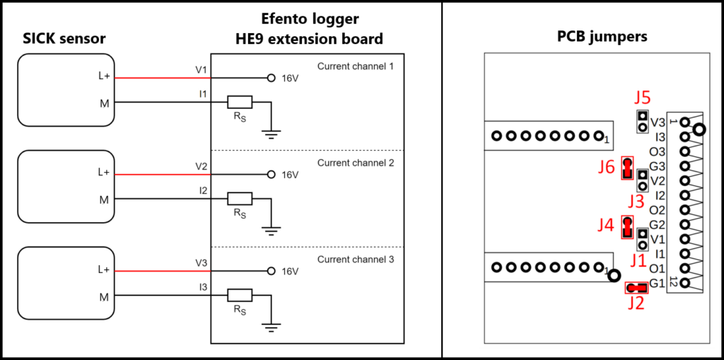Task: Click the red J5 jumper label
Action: pyautogui.click(x=642, y=98)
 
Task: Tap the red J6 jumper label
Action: pyautogui.click(x=606, y=168)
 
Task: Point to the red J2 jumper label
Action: pyautogui.click(x=636, y=305)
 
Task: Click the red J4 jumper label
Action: pyautogui.click(x=605, y=226)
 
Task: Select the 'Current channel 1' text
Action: pyautogui.click(x=356, y=66)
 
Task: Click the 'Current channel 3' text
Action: pyautogui.click(x=356, y=260)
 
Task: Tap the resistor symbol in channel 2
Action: pyautogui.click(x=240, y=199)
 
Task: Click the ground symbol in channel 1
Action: pyautogui.click(x=271, y=131)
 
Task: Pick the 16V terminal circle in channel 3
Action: pyautogui.click(x=270, y=272)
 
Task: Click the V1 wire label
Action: pyautogui.click(x=202, y=71)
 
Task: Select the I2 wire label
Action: pyautogui.click(x=203, y=191)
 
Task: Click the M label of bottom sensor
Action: pyautogui.click(x=104, y=297)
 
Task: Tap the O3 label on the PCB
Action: pyautogui.click(x=657, y=151)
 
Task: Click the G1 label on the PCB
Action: pyautogui.click(x=657, y=284)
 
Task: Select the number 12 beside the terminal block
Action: pyautogui.click(x=673, y=282)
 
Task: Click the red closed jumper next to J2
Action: pyautogui.click(x=636, y=288)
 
